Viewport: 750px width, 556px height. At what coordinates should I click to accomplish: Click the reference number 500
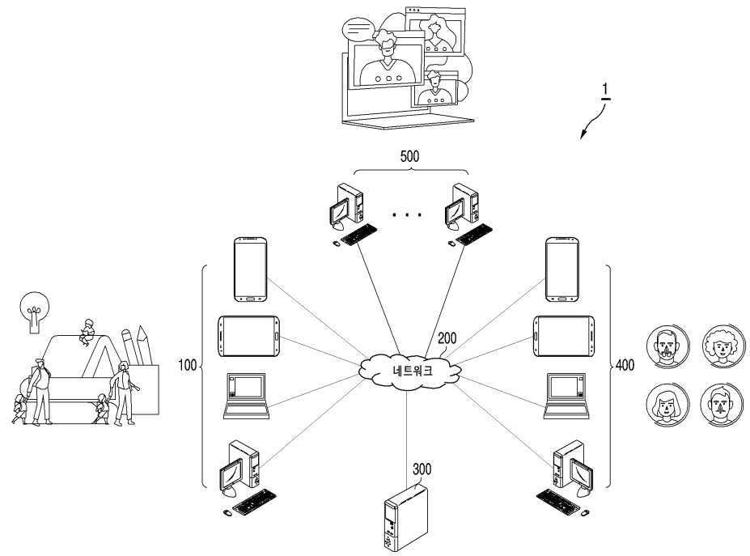pyautogui.click(x=409, y=156)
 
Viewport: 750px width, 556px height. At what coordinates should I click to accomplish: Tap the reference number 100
pyautogui.click(x=188, y=365)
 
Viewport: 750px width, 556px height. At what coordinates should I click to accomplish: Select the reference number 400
pyautogui.click(x=625, y=365)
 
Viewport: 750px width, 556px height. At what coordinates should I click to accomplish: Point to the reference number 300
pyautogui.click(x=422, y=469)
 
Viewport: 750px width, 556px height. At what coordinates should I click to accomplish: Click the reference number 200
pyautogui.click(x=447, y=338)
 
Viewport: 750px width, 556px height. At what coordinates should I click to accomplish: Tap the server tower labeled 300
pyautogui.click(x=405, y=518)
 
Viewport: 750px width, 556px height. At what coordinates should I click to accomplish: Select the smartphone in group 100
pyautogui.click(x=250, y=270)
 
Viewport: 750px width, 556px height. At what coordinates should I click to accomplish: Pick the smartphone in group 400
pyautogui.click(x=562, y=270)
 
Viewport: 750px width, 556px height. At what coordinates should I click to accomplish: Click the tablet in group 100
pyautogui.click(x=248, y=336)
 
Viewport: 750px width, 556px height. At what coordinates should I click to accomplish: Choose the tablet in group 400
pyautogui.click(x=564, y=336)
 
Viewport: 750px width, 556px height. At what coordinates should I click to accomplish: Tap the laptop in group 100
pyautogui.click(x=246, y=396)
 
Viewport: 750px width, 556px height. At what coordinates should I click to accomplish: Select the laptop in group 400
pyautogui.click(x=567, y=396)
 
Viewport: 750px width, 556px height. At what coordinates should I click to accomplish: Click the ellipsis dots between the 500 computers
pyautogui.click(x=407, y=214)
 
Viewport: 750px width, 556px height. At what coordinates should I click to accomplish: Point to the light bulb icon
pyautogui.click(x=35, y=311)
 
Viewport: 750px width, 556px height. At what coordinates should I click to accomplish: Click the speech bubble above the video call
pyautogui.click(x=358, y=29)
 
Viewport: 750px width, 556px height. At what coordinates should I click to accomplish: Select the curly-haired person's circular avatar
pyautogui.click(x=723, y=346)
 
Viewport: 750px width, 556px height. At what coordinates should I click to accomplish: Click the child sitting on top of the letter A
pyautogui.click(x=87, y=332)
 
